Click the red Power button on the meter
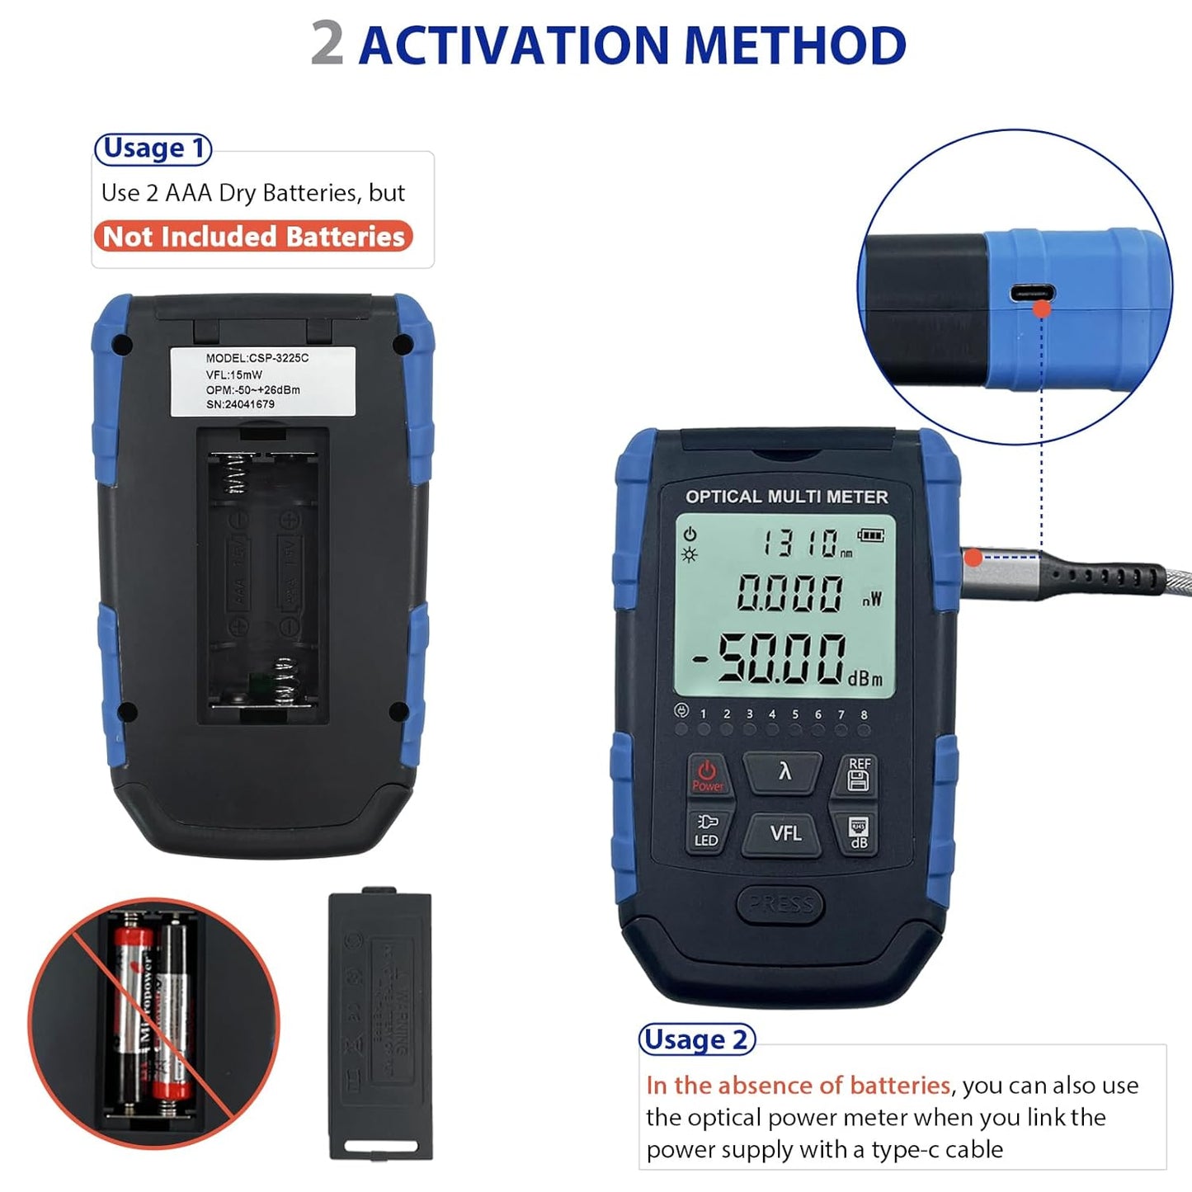[707, 775]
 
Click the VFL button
[784, 834]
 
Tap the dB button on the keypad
[858, 832]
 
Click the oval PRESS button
[780, 904]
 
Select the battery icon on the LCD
[870, 535]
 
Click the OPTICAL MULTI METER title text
[786, 497]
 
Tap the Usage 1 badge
[153, 148]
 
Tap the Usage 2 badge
[697, 1039]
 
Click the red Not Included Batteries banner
[253, 237]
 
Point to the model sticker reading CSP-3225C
[262, 380]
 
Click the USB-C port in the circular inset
[1032, 293]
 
